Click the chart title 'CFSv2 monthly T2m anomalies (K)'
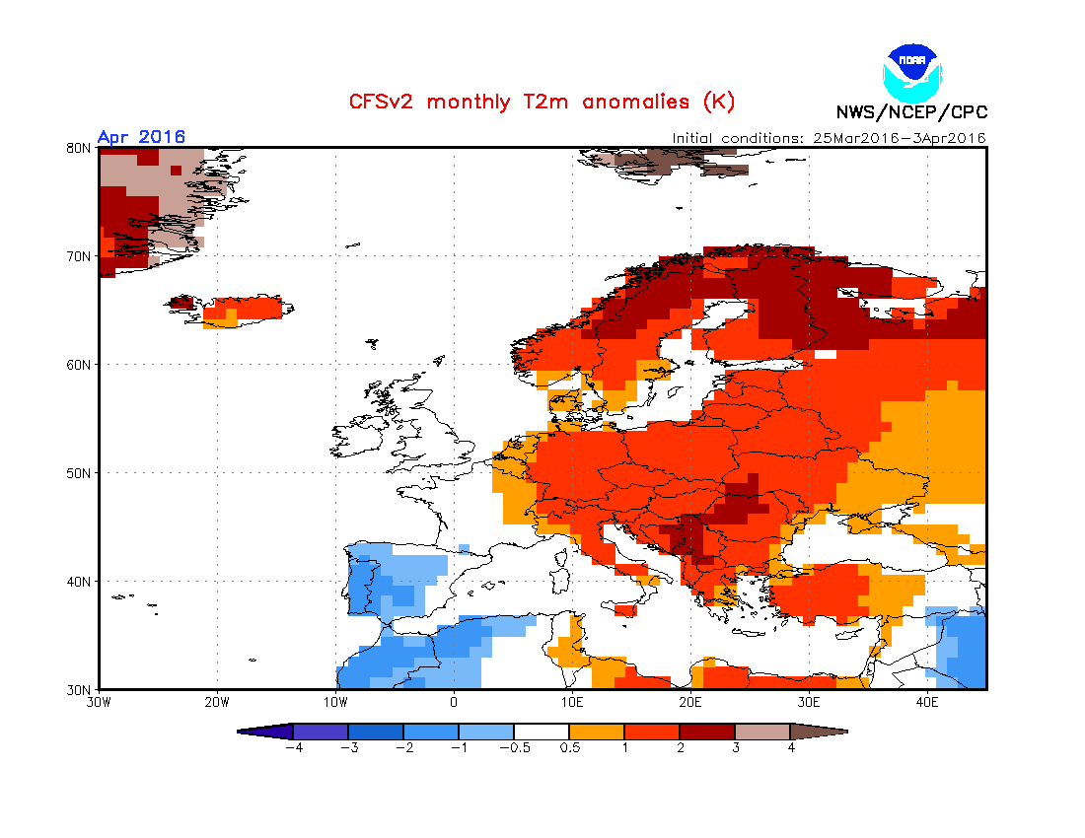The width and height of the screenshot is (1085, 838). pos(542,103)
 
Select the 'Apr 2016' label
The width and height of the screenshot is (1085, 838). pos(141,137)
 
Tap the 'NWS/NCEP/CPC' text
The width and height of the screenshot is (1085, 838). pos(911,112)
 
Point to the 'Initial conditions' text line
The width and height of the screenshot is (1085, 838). pos(829,138)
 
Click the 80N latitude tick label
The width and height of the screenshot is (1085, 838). pos(80,148)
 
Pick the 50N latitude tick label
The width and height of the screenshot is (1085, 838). pos(80,473)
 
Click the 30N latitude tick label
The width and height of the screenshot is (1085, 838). pos(80,689)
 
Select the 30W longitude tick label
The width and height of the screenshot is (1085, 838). pos(98,703)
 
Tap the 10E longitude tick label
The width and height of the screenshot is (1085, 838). pos(572,703)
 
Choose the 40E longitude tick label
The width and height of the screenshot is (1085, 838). pos(927,703)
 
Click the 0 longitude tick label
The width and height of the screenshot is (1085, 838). pos(454,703)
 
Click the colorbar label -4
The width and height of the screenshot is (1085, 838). pos(292,747)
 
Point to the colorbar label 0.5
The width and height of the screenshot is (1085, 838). pos(569,747)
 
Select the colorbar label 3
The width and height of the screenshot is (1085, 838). pos(735,747)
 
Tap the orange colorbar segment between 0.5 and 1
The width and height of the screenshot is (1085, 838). pos(597,732)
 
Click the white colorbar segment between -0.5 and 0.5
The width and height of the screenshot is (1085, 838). pos(542,732)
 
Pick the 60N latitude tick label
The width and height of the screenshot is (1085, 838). pos(80,365)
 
